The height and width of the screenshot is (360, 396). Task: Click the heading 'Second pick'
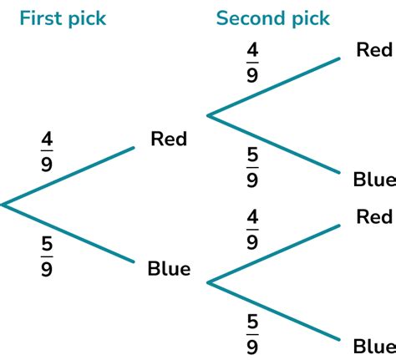(272, 18)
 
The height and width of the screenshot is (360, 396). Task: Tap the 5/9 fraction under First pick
(46, 257)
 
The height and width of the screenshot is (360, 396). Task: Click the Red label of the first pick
(169, 139)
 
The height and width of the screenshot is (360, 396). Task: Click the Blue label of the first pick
(169, 268)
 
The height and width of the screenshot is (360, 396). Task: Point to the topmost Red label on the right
(373, 50)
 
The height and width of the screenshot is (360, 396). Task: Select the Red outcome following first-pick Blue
(373, 217)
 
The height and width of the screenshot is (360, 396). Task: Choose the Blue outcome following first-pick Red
(373, 180)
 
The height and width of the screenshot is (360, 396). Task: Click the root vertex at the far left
(3, 203)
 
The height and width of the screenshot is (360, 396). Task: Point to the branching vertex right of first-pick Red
(208, 115)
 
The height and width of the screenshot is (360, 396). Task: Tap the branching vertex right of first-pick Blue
(208, 283)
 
